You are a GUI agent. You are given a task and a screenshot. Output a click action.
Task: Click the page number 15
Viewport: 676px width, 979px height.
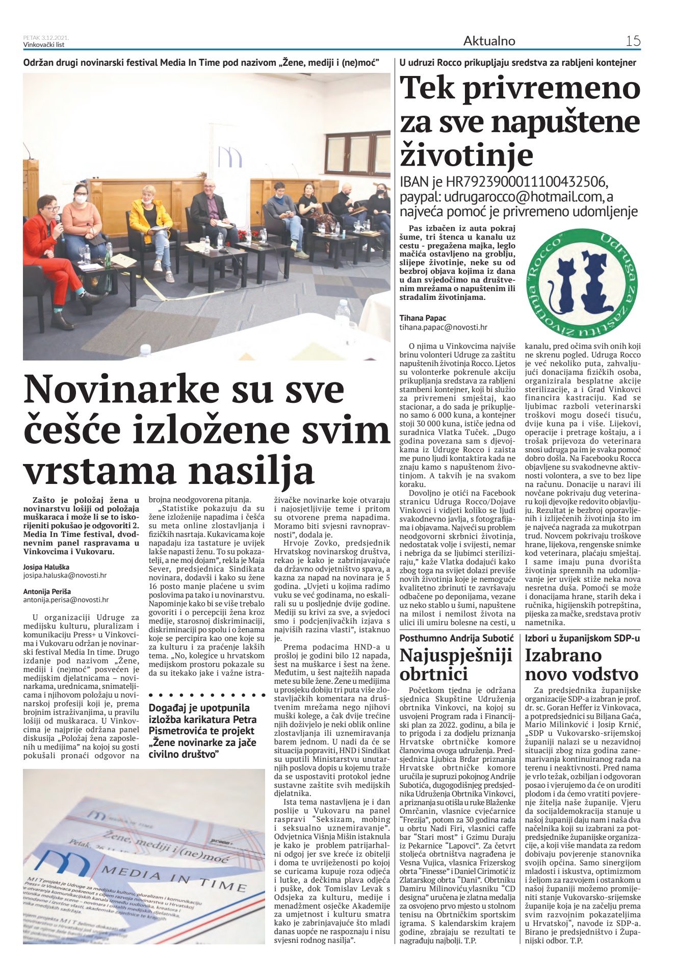click(633, 41)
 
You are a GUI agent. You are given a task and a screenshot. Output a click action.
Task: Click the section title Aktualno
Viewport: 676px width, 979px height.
click(489, 41)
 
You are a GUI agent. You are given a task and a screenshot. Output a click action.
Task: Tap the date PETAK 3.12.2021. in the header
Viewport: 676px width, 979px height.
click(46, 38)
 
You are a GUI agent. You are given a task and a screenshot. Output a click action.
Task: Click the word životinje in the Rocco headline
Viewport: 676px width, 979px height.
click(466, 156)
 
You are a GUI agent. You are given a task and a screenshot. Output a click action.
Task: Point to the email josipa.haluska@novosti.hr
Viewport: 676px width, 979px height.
click(65, 575)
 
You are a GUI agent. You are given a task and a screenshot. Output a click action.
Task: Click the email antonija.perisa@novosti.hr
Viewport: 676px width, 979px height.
click(66, 600)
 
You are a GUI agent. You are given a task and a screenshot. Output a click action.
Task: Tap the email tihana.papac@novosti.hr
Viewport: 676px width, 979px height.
click(443, 327)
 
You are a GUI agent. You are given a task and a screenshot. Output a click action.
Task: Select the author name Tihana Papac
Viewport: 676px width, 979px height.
click(423, 318)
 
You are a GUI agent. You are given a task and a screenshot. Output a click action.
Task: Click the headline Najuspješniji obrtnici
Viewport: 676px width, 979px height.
click(455, 664)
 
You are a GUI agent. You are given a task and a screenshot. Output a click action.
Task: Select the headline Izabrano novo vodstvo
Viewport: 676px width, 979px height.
click(581, 664)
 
